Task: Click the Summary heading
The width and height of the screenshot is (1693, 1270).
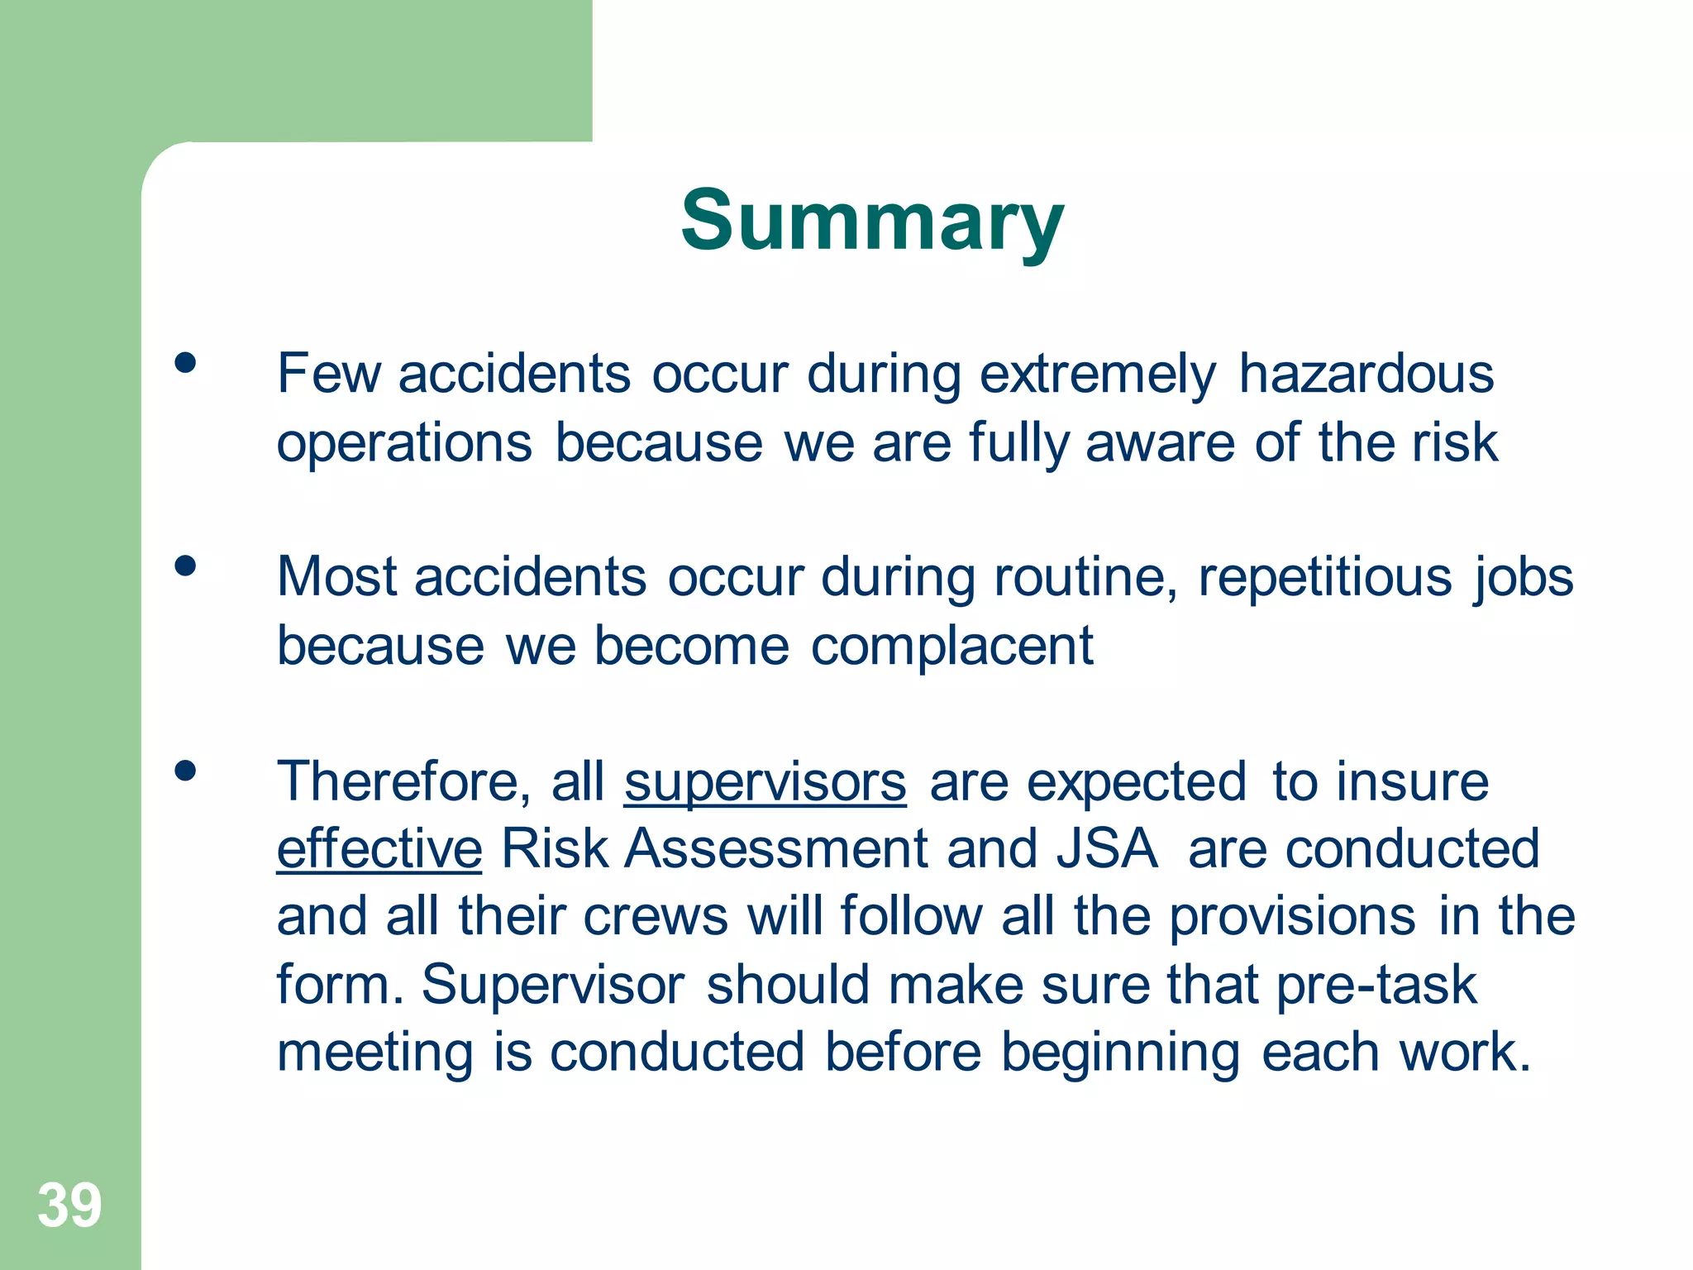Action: pyautogui.click(x=872, y=221)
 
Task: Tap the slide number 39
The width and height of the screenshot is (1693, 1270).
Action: pyautogui.click(x=69, y=1206)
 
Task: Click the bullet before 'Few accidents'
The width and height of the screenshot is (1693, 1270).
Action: pyautogui.click(x=185, y=363)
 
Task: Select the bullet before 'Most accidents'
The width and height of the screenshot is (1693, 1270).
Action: pyautogui.click(x=185, y=566)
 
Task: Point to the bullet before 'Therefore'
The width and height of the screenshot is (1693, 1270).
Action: pyautogui.click(x=185, y=771)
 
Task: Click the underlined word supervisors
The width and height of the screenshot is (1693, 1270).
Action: pyautogui.click(x=765, y=782)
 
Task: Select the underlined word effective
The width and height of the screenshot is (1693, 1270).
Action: pyautogui.click(x=379, y=849)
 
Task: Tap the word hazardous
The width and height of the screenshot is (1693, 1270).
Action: pyautogui.click(x=1366, y=374)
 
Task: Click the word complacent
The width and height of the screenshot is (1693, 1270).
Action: pyautogui.click(x=951, y=646)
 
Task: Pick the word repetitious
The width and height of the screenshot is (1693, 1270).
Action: pyautogui.click(x=1324, y=577)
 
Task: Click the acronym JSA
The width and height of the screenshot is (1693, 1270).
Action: pyautogui.click(x=1107, y=849)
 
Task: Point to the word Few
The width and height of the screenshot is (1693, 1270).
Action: pyautogui.click(x=328, y=374)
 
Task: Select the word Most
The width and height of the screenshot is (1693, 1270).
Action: pyautogui.click(x=336, y=576)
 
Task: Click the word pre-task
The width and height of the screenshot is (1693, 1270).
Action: pyautogui.click(x=1376, y=986)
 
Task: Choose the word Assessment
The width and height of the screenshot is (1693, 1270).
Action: pyautogui.click(x=776, y=849)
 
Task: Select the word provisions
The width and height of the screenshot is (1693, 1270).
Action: pyautogui.click(x=1292, y=917)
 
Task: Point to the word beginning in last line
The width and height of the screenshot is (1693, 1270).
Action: pyautogui.click(x=1120, y=1053)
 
